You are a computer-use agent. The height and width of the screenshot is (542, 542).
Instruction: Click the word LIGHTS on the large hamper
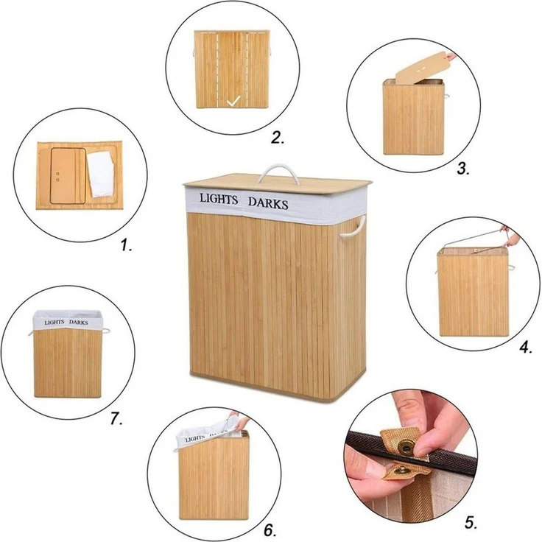point(219,199)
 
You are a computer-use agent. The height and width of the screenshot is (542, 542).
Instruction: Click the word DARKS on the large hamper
point(268,203)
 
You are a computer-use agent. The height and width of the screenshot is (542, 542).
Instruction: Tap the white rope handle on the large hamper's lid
point(278,172)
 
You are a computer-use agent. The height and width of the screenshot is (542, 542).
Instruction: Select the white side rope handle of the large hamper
point(353,228)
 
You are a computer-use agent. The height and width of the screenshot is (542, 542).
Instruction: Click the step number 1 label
point(126,245)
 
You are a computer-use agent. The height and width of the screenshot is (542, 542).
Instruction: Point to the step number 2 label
point(278,138)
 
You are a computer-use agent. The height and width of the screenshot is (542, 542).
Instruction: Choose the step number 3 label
point(463,169)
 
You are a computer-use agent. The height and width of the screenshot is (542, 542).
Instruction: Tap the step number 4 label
point(526,347)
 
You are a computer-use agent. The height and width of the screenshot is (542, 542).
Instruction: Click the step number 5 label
point(471,522)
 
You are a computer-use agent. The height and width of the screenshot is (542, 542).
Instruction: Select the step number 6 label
point(270,530)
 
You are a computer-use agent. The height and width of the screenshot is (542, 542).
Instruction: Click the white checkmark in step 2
point(233,101)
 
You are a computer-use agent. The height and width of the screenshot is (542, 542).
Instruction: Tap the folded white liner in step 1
point(101,175)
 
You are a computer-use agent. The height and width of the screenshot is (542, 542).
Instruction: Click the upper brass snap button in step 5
point(406,448)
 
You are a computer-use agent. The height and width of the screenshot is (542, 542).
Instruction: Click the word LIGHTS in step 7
point(54,322)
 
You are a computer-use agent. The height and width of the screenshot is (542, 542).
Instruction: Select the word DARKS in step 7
point(79,322)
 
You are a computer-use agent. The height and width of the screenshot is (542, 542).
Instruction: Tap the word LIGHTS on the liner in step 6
point(195,439)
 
